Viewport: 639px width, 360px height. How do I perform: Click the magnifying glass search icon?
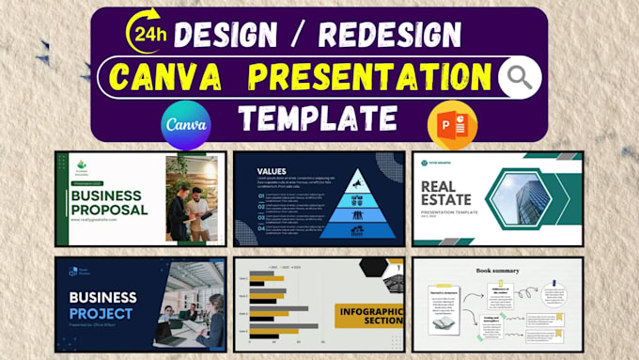click(x=521, y=78)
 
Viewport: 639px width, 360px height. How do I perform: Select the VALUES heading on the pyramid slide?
click(x=273, y=171)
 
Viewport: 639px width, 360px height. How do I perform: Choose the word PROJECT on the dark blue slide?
click(x=101, y=313)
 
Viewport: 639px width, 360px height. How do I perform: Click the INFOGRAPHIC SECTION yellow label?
click(x=369, y=314)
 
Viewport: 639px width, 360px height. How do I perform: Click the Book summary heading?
click(x=497, y=270)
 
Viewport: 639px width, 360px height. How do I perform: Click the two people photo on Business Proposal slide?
click(x=191, y=198)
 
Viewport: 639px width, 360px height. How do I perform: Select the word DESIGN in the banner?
click(x=226, y=36)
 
